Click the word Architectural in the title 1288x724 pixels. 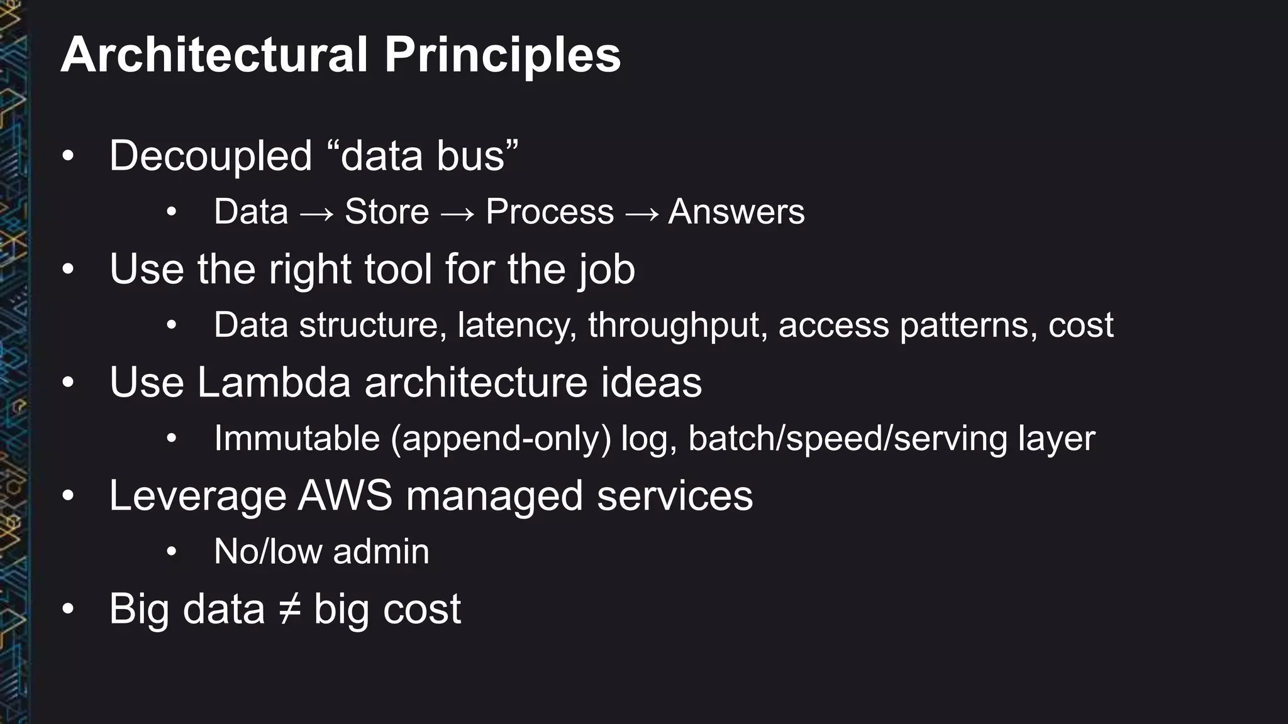click(214, 55)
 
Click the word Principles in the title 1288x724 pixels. click(502, 55)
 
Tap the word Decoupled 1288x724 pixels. click(210, 156)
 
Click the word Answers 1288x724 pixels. click(736, 212)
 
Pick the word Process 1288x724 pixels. click(549, 212)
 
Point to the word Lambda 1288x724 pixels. click(274, 382)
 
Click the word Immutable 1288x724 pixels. click(296, 438)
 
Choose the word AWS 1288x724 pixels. click(345, 496)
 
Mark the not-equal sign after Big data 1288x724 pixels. click(289, 609)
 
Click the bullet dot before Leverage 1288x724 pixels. click(69, 496)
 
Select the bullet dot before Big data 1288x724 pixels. click(69, 609)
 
